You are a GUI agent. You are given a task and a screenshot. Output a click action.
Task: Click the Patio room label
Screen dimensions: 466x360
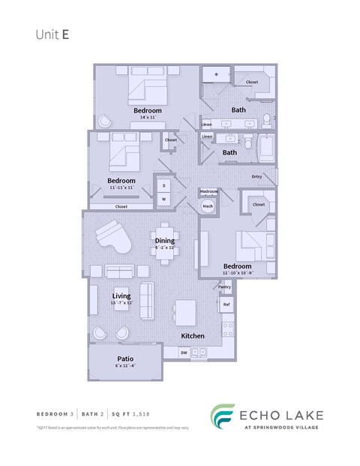coord(124,359)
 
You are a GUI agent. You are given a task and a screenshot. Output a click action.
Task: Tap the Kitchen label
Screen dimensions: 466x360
coord(193,335)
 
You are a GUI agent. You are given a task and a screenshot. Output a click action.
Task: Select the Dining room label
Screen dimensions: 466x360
coord(165,241)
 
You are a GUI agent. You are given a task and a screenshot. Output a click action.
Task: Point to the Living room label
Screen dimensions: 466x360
coord(121,296)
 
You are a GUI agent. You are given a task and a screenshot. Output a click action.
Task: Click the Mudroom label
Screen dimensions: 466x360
coord(209,191)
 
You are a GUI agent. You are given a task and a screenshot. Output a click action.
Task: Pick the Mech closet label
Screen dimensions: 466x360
coord(208,206)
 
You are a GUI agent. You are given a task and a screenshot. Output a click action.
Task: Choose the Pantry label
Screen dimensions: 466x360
coord(224,287)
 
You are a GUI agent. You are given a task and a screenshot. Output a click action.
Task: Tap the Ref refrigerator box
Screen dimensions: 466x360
coord(226,304)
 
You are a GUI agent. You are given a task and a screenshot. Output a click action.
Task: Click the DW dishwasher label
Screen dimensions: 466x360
coord(184,353)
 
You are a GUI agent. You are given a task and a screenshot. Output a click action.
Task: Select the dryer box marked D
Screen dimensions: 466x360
coord(163,185)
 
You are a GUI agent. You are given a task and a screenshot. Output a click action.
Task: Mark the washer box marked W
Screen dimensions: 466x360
coord(163,199)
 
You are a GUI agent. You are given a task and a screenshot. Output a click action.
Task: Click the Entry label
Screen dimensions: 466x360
coord(257,177)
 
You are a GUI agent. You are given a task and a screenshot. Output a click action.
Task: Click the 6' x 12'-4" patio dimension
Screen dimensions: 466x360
coord(124,366)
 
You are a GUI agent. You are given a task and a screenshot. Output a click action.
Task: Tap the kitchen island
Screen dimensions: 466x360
coord(186,311)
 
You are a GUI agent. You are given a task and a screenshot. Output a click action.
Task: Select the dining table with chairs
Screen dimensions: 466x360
coord(166,242)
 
